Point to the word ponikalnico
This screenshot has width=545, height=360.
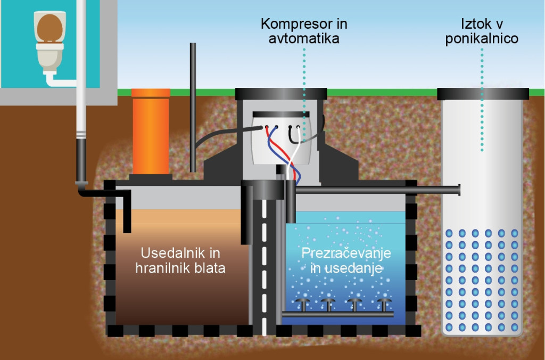click(482, 38)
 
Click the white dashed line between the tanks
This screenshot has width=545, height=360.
click(265, 266)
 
